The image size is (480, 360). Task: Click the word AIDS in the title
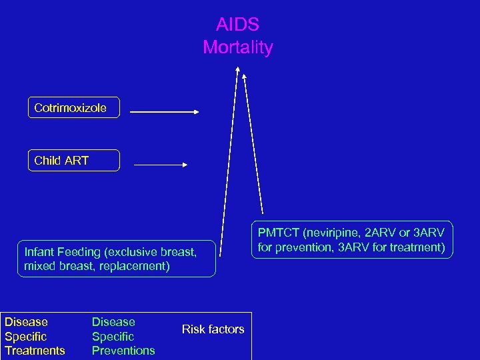click(x=237, y=25)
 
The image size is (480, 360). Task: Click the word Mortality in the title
click(x=237, y=48)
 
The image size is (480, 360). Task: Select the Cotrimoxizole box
click(x=73, y=107)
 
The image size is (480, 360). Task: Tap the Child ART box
click(x=73, y=160)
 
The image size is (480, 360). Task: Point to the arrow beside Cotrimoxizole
click(x=165, y=112)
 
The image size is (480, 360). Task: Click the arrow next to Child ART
click(x=161, y=164)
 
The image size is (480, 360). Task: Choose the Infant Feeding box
click(x=117, y=259)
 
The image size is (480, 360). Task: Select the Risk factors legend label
click(x=213, y=329)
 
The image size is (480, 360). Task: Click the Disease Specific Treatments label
click(x=35, y=336)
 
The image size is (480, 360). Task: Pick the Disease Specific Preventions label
click(x=123, y=336)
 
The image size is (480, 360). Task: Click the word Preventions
click(x=123, y=351)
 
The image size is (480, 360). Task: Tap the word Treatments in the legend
click(x=35, y=351)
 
